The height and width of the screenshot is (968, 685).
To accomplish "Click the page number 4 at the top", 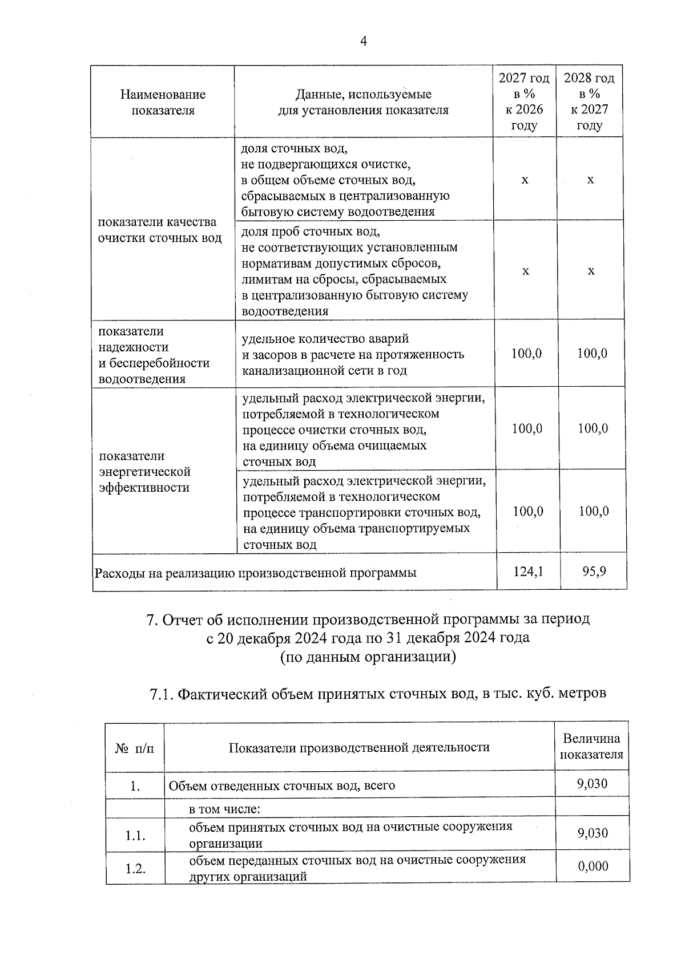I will pos(364,41).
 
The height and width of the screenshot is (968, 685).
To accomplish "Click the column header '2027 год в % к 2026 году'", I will pos(524,102).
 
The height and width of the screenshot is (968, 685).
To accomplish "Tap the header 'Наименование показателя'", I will pos(163,102).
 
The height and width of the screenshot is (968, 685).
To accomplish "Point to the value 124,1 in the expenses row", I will pos(527,570).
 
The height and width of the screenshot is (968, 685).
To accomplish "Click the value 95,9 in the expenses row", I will pos(594,570).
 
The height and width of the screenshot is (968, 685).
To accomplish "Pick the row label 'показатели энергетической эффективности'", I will pos(144,472).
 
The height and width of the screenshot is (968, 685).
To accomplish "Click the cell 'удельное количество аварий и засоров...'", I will pos(353,354).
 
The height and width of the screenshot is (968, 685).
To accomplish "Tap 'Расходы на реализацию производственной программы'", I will pos(255,572).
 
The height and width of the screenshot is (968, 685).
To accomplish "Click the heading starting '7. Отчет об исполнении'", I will pos(368,619).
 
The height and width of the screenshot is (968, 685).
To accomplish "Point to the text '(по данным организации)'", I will pos(368,657).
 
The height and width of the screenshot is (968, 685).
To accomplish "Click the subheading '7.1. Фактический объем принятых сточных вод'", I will pos(377,694).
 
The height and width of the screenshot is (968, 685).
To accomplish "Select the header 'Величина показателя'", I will pos(591,747).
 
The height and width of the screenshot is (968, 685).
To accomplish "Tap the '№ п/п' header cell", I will pos(135,747).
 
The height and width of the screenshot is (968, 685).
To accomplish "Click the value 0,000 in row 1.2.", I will pos(593,866).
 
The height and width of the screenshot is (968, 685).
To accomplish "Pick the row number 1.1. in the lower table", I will pos(135,836).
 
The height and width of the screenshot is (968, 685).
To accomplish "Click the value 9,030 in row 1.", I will pos(592,784).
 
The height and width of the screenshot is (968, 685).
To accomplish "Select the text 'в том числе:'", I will pos(224,809).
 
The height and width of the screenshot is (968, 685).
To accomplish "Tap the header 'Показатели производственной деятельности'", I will pos(359,747).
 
